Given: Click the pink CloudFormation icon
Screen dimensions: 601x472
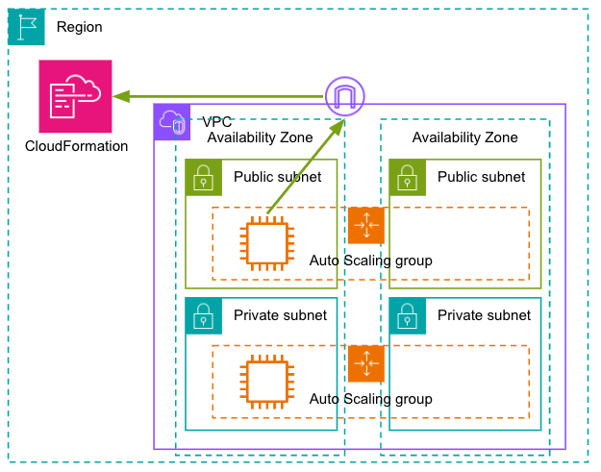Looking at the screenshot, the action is coord(76,96).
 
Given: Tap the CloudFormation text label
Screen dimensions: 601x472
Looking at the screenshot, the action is coord(76,146).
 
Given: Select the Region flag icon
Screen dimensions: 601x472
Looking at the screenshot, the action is coord(26,27).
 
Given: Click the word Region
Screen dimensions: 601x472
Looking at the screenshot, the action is coord(80,27).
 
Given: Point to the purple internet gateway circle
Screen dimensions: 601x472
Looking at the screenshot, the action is coord(345,96).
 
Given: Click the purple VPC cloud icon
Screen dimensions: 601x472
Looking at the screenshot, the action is coord(172,122).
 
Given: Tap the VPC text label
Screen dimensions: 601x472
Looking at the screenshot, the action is coord(217,122).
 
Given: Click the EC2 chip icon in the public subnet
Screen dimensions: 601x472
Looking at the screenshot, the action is coord(267,243).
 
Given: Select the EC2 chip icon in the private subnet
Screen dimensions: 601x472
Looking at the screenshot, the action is coord(267,382).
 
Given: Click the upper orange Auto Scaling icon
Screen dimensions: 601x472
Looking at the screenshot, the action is coord(366,225).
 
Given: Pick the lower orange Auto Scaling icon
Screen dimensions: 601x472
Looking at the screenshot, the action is coord(366,363).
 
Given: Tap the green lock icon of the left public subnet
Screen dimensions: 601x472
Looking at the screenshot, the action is coord(204,178).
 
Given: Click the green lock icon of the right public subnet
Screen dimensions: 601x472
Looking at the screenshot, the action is coord(408,178).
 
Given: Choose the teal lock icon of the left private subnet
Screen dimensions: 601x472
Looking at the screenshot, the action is coord(204,316).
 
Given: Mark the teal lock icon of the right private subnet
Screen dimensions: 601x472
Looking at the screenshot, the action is coord(408,316).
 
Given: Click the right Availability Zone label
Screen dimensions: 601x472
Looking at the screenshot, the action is coord(464,137).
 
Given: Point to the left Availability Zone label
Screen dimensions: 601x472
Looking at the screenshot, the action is coord(260,137).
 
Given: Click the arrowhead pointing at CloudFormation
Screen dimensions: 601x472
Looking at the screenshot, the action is coord(121,96).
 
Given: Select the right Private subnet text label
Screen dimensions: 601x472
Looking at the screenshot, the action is coord(484,315).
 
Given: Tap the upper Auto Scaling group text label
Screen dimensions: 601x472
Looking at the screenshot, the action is coord(370,261).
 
